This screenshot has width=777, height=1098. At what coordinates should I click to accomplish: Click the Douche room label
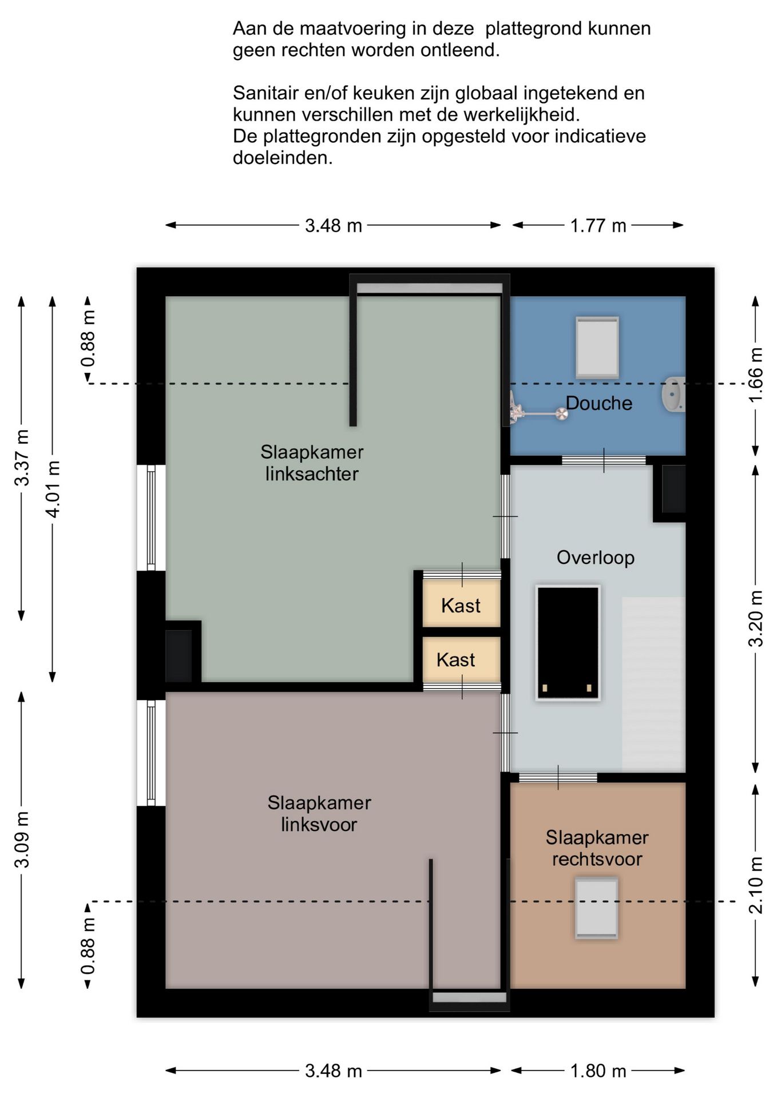tap(599, 403)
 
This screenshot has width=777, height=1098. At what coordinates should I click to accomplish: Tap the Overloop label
tap(596, 558)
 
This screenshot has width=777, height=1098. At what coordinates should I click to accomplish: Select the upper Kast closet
tap(461, 603)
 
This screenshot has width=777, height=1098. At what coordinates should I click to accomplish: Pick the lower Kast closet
tap(461, 659)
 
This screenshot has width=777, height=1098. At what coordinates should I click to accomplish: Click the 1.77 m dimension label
tap(598, 225)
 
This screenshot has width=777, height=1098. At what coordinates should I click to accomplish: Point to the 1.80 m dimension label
tap(598, 1071)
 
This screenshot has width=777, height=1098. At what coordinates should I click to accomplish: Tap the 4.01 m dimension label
tap(53, 489)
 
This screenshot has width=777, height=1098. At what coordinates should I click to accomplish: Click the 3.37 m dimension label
tap(21, 457)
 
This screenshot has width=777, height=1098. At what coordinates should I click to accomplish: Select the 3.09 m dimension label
tap(21, 840)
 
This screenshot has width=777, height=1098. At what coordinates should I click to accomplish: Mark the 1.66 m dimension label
tap(756, 375)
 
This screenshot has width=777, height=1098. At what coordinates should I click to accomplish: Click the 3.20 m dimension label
tap(756, 619)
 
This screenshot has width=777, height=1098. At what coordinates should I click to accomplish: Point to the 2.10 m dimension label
tap(756, 885)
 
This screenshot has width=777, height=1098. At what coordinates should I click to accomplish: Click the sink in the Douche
tap(673, 394)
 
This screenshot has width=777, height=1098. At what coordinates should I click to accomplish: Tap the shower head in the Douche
tap(562, 413)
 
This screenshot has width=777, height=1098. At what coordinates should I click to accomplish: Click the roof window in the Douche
tap(597, 347)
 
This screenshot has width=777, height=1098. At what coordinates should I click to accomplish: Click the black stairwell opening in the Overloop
tap(568, 643)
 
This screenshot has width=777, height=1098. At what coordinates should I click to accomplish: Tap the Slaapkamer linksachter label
tap(312, 463)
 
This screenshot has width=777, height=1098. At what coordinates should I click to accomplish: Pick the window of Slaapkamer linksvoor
tap(151, 753)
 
